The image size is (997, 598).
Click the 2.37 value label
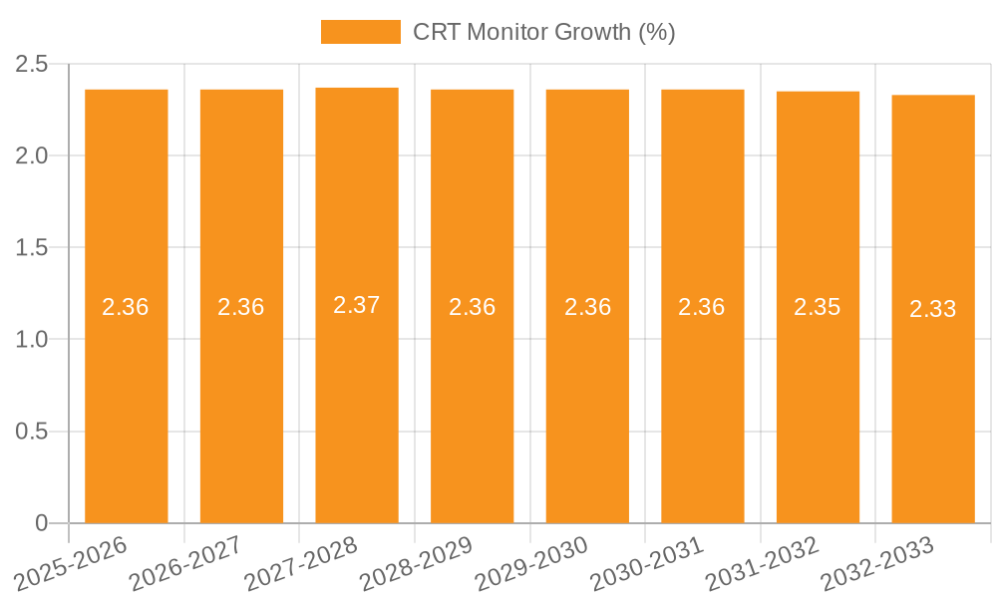coord(357,305)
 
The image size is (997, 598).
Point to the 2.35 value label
coord(818,307)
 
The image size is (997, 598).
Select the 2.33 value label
coord(933,309)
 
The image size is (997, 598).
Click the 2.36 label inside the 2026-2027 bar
coord(241,307)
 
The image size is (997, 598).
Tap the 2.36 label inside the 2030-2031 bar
coord(702,307)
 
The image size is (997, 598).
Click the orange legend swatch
coord(360,32)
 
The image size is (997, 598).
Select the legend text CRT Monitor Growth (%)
coord(544,32)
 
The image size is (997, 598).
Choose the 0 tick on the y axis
coord(41,523)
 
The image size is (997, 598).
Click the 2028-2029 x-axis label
coord(417,564)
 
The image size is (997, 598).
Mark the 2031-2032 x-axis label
coord(763,564)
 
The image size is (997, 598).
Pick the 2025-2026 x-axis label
coord(71,564)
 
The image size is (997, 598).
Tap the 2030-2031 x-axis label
coord(647,564)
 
